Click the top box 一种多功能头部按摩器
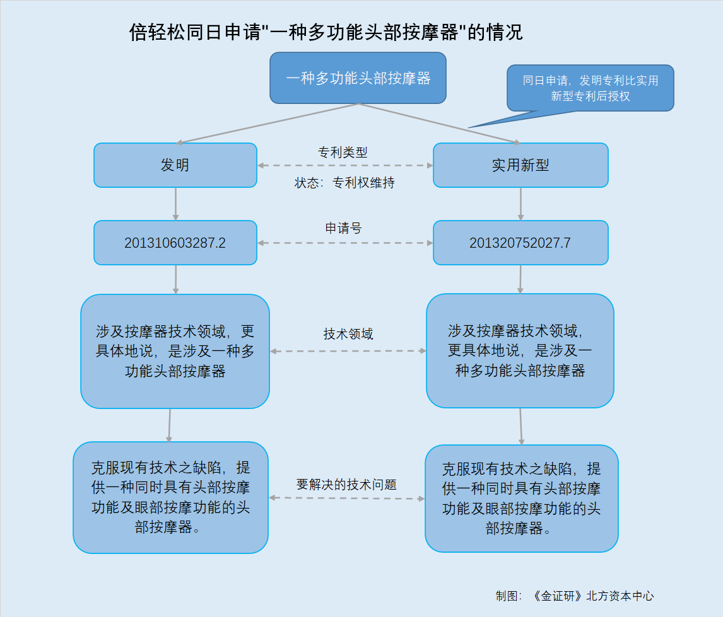358,78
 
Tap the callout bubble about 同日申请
591,88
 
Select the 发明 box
175,165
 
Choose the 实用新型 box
520,165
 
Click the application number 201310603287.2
175,243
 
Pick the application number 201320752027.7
520,243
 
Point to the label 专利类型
343,152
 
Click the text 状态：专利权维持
344,183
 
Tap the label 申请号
343,228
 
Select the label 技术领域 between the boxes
348,334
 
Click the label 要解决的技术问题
346,485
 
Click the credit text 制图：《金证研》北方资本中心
575,596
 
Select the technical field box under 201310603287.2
175,351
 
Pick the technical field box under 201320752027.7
520,351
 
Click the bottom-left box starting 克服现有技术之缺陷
170,498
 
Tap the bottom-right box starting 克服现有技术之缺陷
522,499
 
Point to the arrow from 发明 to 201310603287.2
175,204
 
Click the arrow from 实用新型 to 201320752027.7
520,204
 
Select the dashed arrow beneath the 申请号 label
345,243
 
